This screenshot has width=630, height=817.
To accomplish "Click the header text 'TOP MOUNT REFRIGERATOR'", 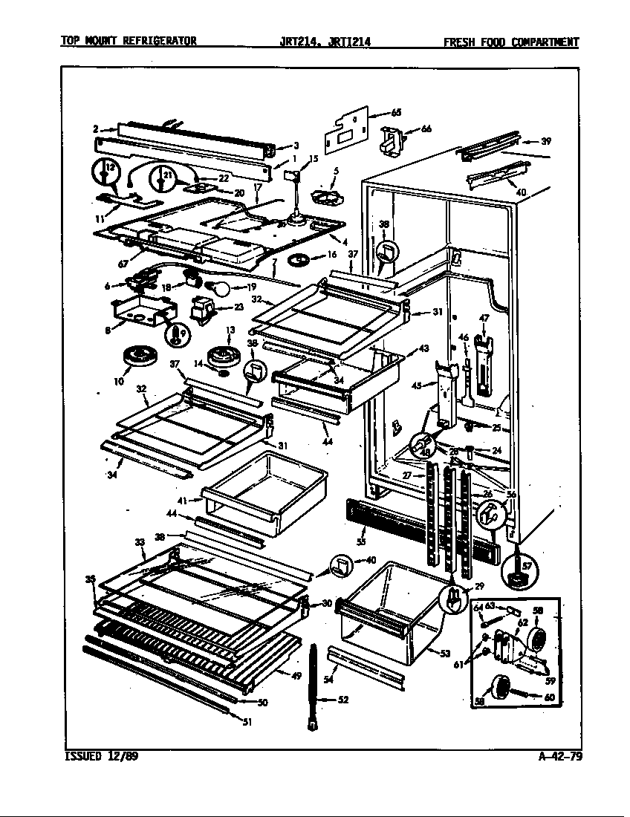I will tap(129, 42).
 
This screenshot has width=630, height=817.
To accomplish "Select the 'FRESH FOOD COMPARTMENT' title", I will tap(510, 42).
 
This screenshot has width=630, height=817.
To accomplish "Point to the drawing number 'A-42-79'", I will tap(559, 758).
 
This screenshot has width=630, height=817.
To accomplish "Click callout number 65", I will tap(395, 113).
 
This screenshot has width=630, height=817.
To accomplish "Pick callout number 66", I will tap(426, 128).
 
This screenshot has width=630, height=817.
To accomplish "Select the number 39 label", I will tap(546, 140).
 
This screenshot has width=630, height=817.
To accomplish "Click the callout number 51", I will tap(246, 720).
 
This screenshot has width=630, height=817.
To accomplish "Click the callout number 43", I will tap(423, 349).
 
